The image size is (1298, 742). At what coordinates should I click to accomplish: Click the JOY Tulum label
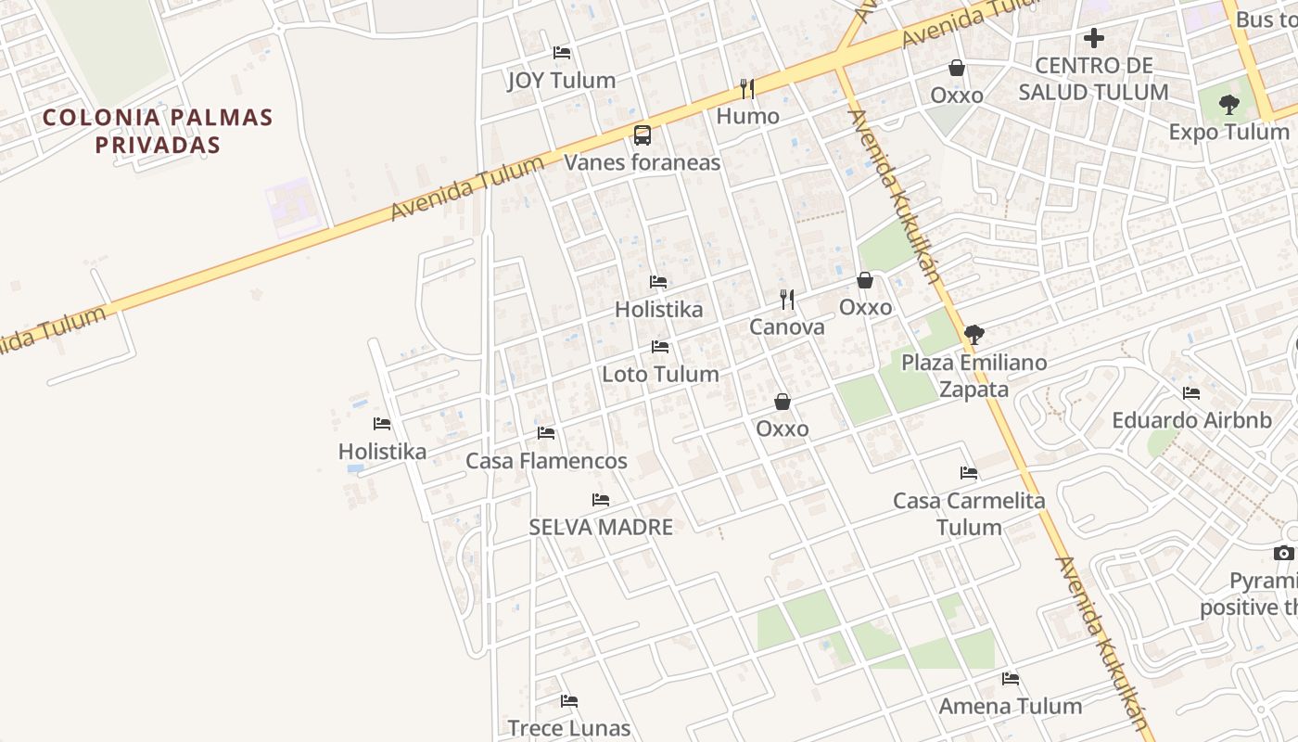[561, 81]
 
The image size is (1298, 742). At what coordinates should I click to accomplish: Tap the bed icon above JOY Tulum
[561, 53]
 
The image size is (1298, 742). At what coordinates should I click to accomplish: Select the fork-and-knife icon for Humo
[747, 89]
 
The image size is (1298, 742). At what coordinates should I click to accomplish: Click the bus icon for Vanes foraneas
[642, 135]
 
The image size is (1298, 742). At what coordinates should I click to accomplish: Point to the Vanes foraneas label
[643, 162]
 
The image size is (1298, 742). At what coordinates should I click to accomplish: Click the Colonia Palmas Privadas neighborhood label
[158, 131]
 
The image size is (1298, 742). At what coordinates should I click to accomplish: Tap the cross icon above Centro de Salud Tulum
[1094, 38]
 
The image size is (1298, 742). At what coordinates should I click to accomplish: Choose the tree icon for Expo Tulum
[1229, 105]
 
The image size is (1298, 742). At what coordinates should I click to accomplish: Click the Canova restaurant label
[786, 326]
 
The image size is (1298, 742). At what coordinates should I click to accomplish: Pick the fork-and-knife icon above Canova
[787, 299]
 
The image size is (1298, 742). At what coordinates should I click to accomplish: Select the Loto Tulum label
[660, 374]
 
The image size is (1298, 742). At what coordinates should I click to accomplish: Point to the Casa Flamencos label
[546, 460]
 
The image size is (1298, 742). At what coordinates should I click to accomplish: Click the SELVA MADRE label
[601, 527]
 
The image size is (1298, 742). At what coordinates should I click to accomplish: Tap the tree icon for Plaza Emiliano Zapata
[973, 335]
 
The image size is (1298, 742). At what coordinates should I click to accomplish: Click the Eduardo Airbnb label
[1191, 420]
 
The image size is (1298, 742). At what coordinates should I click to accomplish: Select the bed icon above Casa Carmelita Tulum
[969, 473]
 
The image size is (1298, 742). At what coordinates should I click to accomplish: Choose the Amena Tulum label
[1010, 706]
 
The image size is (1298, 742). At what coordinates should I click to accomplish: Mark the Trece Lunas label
[568, 728]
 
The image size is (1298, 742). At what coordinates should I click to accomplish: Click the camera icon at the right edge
[1283, 554]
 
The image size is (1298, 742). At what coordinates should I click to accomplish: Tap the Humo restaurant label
[747, 117]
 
